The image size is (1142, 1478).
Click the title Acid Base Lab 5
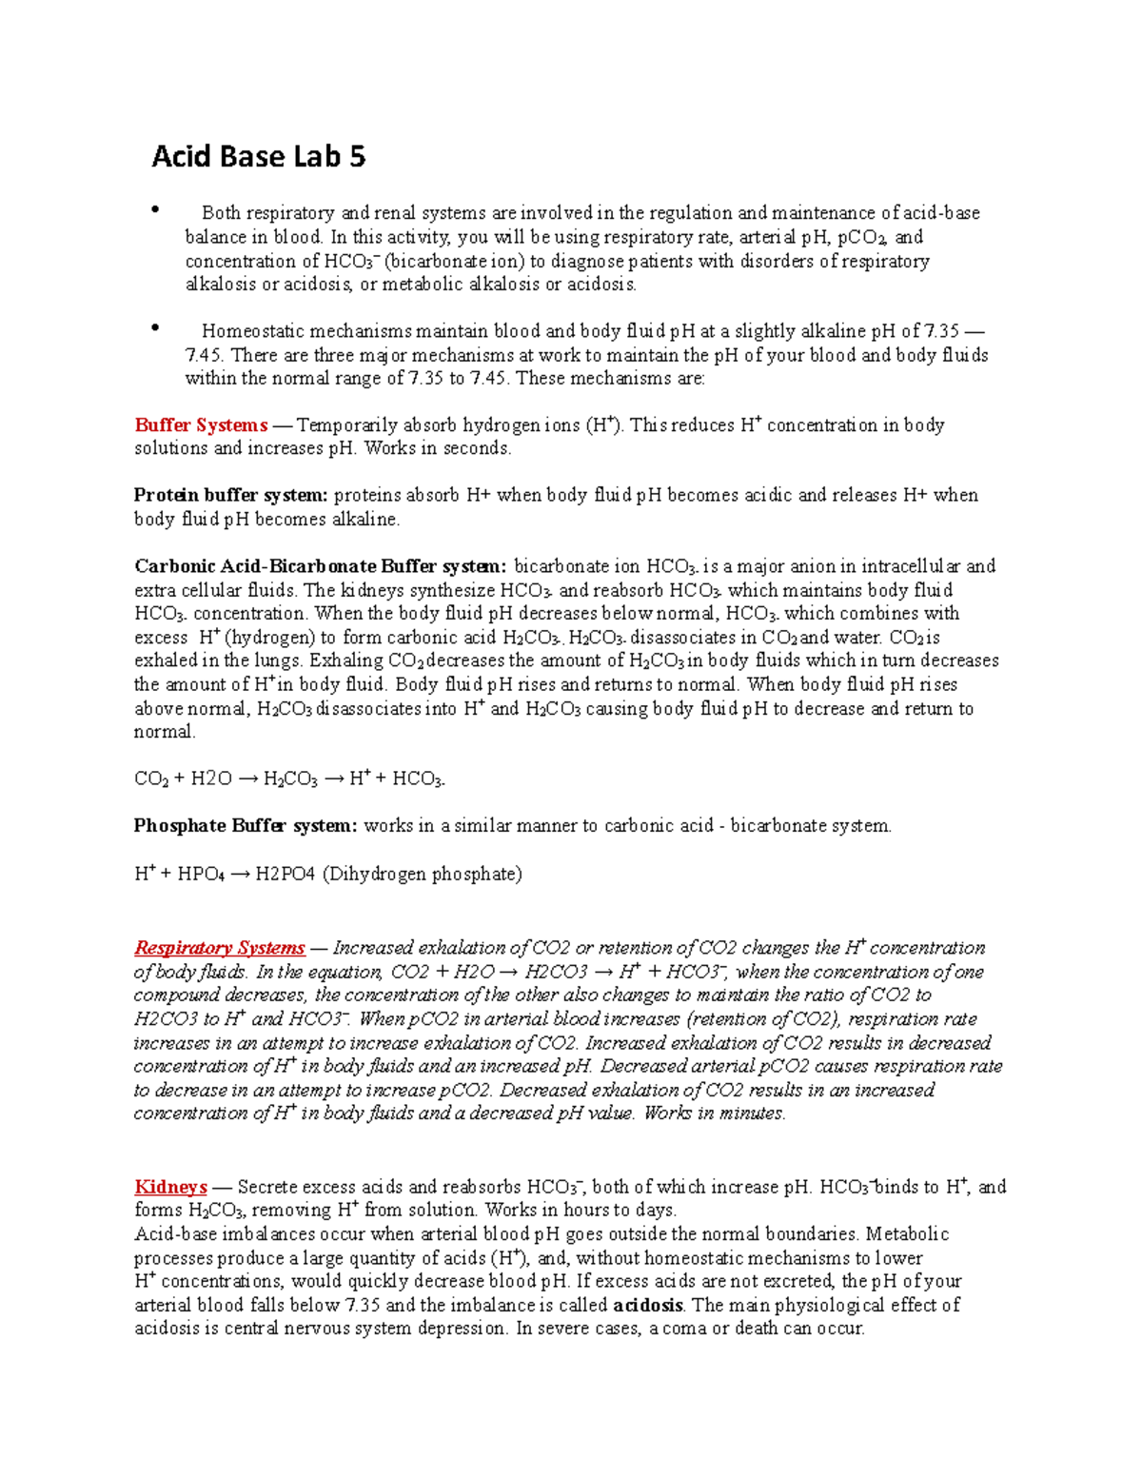click(258, 156)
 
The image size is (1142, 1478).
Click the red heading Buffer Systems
click(201, 425)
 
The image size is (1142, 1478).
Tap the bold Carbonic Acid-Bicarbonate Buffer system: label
click(321, 566)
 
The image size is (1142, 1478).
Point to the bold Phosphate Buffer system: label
click(246, 826)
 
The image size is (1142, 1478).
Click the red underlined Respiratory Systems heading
click(220, 948)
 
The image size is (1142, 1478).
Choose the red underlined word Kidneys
click(170, 1187)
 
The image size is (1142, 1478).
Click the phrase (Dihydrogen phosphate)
click(423, 874)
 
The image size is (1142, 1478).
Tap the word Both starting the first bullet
click(221, 213)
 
